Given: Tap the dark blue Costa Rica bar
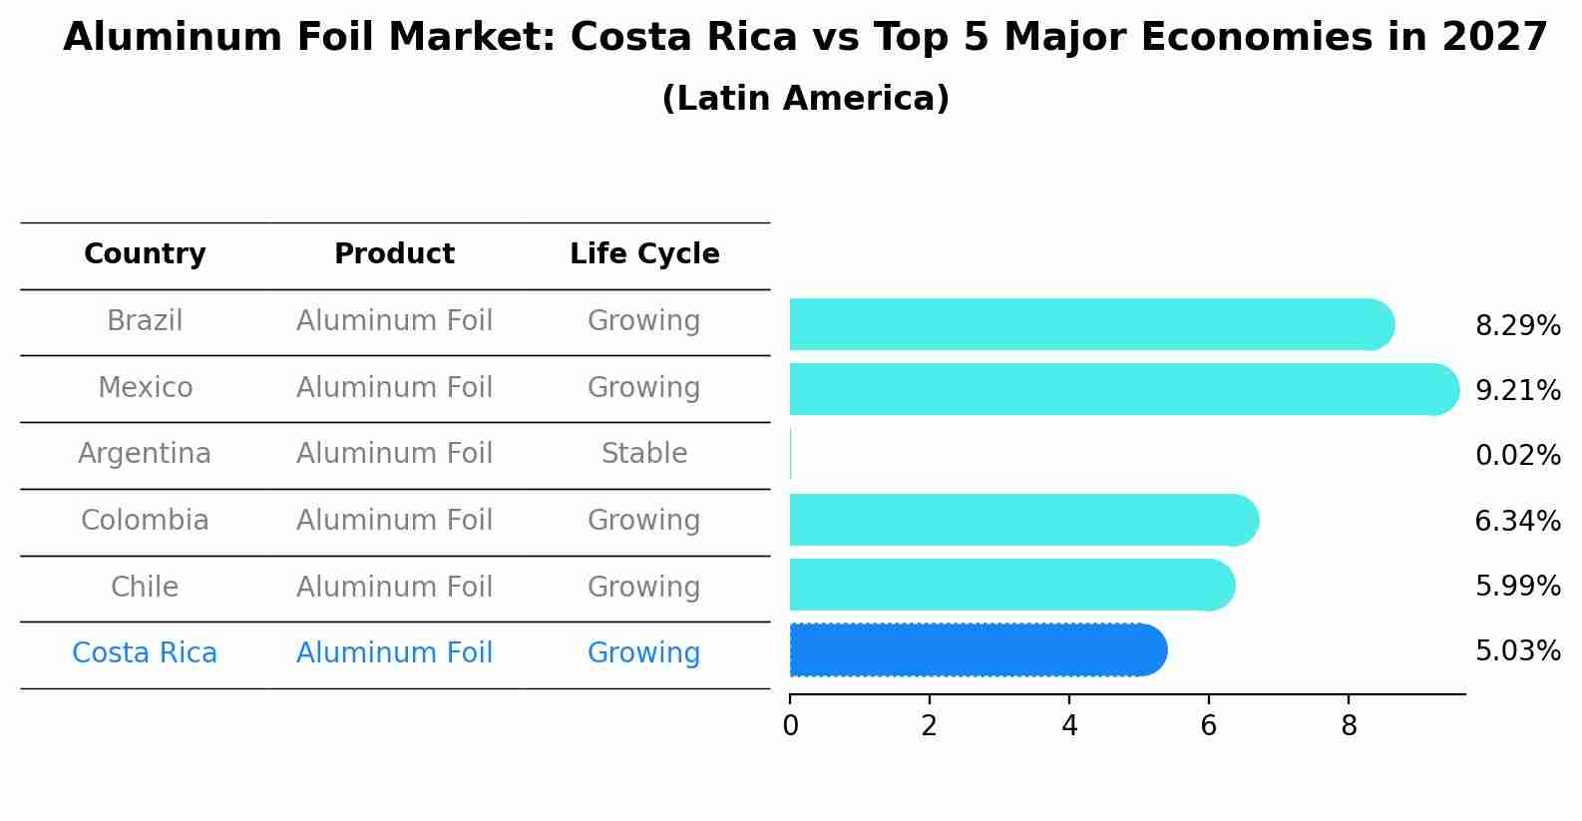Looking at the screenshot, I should (978, 650).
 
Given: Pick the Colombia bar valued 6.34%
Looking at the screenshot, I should (1023, 520).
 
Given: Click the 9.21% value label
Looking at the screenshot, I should (1517, 390).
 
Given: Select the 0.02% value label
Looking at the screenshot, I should (1517, 456).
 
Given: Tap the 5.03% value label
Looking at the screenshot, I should (1517, 651).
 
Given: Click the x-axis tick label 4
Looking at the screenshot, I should (1069, 726).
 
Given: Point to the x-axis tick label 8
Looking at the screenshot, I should (1349, 726).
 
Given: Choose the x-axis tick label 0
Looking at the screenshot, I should (790, 726).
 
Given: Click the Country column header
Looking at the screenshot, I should (145, 254).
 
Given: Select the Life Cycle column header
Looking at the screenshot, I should (644, 254).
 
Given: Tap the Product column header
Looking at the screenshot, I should (394, 254).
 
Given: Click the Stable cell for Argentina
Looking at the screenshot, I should (644, 454).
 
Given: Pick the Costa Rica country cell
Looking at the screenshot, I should (145, 653).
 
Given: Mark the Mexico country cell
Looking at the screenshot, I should (145, 387).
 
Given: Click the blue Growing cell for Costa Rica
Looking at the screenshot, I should (644, 653).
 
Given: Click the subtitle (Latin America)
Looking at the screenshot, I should (805, 99).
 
